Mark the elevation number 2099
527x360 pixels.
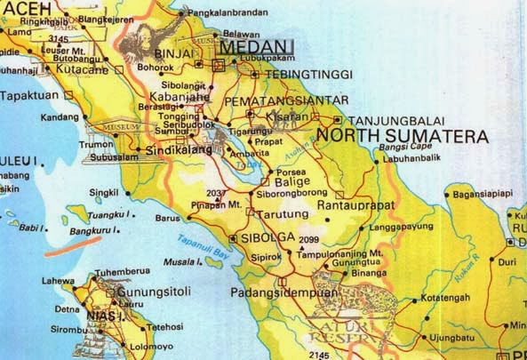coord(309,239)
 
